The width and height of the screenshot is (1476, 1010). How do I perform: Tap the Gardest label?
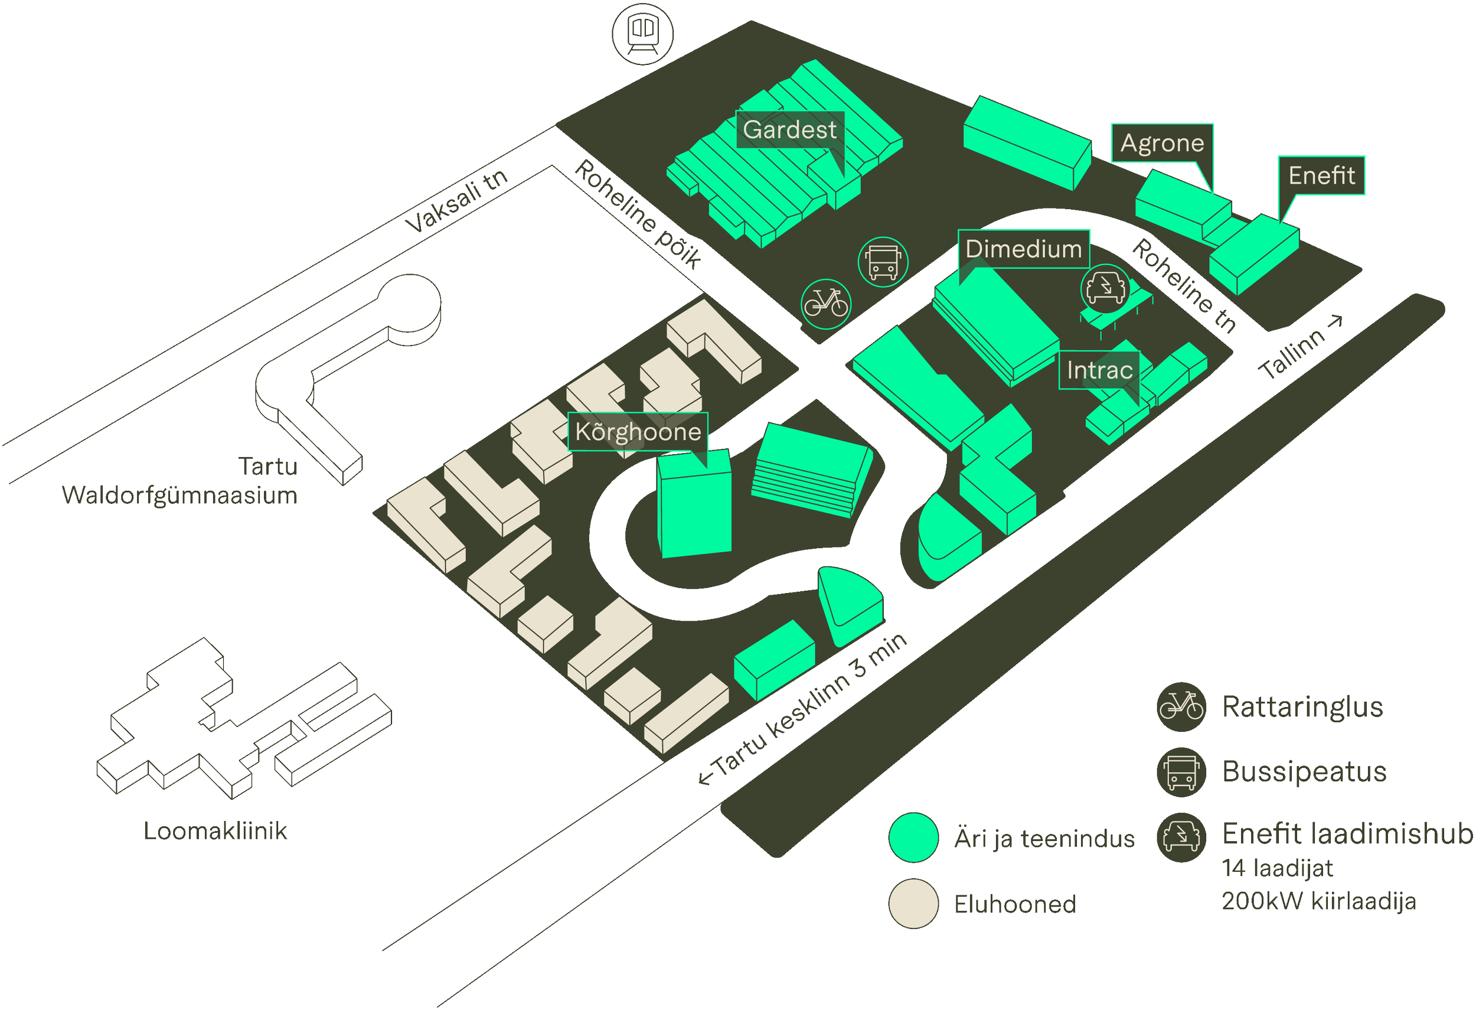tap(789, 129)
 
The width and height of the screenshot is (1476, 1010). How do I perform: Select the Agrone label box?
tap(1162, 143)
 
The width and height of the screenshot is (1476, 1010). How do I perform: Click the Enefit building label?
tap(1321, 175)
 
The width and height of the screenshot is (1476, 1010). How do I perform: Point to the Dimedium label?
tap(1023, 249)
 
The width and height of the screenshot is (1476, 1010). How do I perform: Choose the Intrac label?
tap(1099, 370)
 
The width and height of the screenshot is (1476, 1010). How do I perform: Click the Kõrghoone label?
tap(638, 432)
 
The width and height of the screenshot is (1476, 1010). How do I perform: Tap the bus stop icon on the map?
tap(883, 262)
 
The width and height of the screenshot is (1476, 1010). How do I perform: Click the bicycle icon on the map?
tap(825, 304)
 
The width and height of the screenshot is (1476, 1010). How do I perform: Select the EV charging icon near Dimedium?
tap(1105, 288)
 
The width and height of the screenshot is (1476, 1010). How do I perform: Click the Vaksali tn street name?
tap(458, 200)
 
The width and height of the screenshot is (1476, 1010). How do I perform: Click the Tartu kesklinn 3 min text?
tap(804, 708)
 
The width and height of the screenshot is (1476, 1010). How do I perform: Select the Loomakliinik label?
tap(215, 832)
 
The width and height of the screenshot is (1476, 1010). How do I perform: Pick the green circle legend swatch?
tap(913, 837)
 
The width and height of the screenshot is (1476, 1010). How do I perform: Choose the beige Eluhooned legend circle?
tap(913, 903)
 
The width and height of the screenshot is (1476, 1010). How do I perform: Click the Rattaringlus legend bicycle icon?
tap(1181, 706)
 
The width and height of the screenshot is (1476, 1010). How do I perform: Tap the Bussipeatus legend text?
tap(1304, 772)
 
